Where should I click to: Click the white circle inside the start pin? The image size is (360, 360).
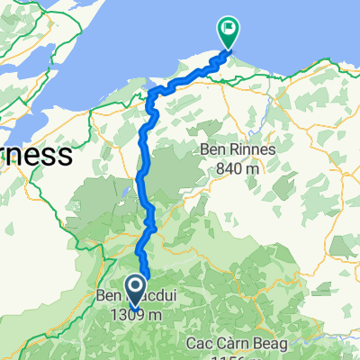point(137,286)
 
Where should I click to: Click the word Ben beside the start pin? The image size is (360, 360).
point(108,299)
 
